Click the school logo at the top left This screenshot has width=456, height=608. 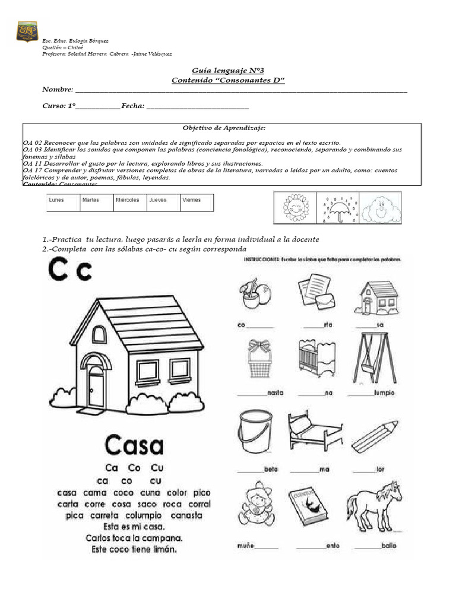click(x=27, y=31)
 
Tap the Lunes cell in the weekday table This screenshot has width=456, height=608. click(x=63, y=202)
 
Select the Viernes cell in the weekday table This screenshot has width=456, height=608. click(x=197, y=202)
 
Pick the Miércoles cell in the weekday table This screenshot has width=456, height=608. click(x=129, y=202)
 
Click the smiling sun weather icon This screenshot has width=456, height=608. click(x=294, y=208)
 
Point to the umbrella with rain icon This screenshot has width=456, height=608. click(x=337, y=208)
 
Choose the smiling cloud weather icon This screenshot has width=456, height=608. click(x=380, y=208)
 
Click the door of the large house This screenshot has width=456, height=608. click(x=96, y=387)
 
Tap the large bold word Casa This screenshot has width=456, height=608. click(x=135, y=445)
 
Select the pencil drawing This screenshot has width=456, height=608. click(x=375, y=436)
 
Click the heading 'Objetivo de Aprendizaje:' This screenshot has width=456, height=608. click(x=224, y=128)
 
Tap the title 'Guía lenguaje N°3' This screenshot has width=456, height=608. click(x=227, y=70)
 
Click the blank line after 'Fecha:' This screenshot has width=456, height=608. click(x=197, y=107)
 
